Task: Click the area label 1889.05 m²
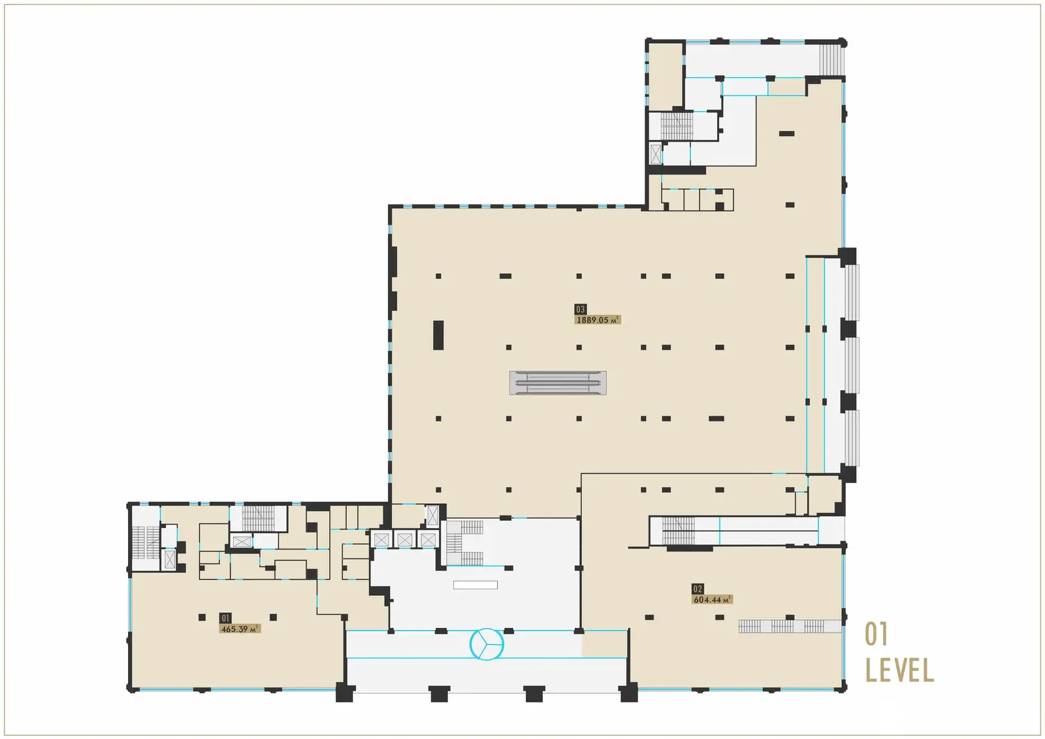[597, 320]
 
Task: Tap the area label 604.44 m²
[712, 600]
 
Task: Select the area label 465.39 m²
[240, 629]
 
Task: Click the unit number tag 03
[581, 309]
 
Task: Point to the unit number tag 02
[698, 589]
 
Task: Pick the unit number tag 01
[225, 618]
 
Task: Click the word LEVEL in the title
[899, 670]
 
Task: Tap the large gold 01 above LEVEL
[876, 634]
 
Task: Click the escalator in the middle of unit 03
[558, 383]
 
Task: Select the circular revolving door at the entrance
[487, 644]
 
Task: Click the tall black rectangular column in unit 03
[438, 335]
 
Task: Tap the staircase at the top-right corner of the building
[831, 59]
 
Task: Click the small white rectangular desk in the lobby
[475, 585]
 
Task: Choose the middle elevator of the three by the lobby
[404, 540]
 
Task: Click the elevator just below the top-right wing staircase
[656, 154]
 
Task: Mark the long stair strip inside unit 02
[789, 627]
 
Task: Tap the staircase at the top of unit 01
[259, 518]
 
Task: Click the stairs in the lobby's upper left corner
[464, 542]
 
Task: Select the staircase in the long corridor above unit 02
[678, 530]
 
